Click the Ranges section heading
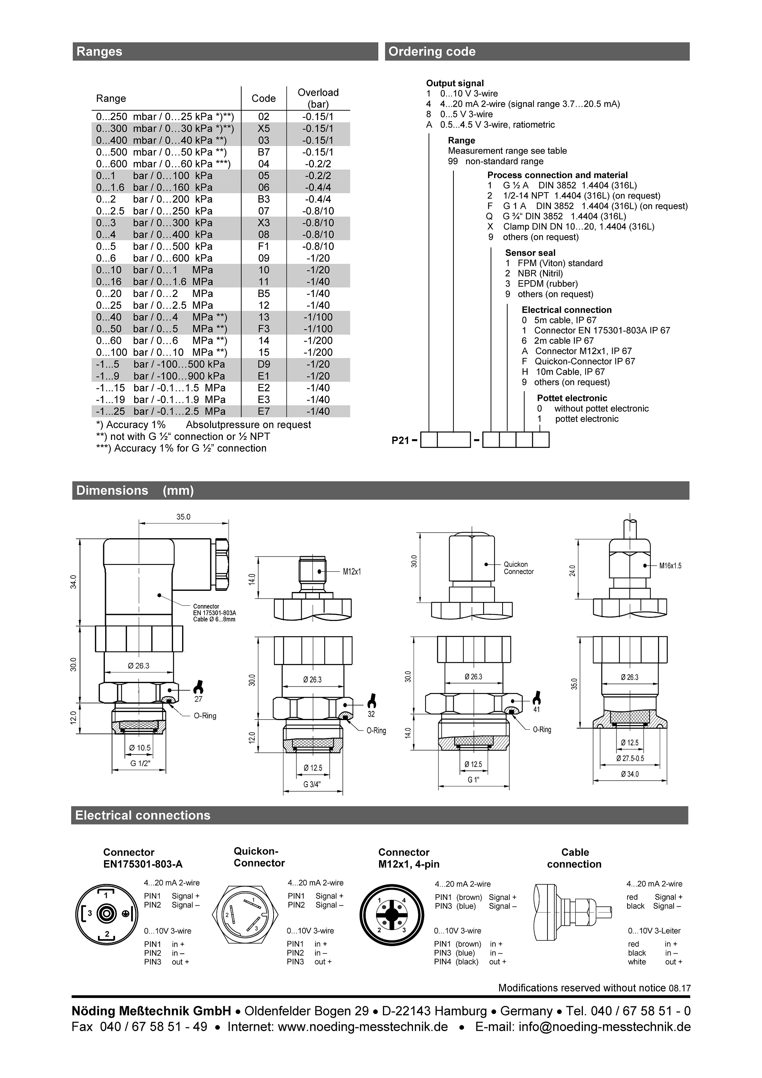pos(99,51)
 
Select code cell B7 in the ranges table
pos(264,152)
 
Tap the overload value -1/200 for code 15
pos(318,352)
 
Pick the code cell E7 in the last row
pos(264,411)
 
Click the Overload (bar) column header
pos(318,98)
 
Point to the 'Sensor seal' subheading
pos(530,253)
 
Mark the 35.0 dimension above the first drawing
pos(184,517)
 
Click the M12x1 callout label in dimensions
pos(352,571)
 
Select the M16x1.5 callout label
pos(670,566)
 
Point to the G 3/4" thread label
pos(312,784)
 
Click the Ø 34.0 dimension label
pos(630,774)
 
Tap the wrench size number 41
pos(537,710)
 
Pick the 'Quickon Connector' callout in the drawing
pos(519,568)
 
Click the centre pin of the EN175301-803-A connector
pos(107,914)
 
